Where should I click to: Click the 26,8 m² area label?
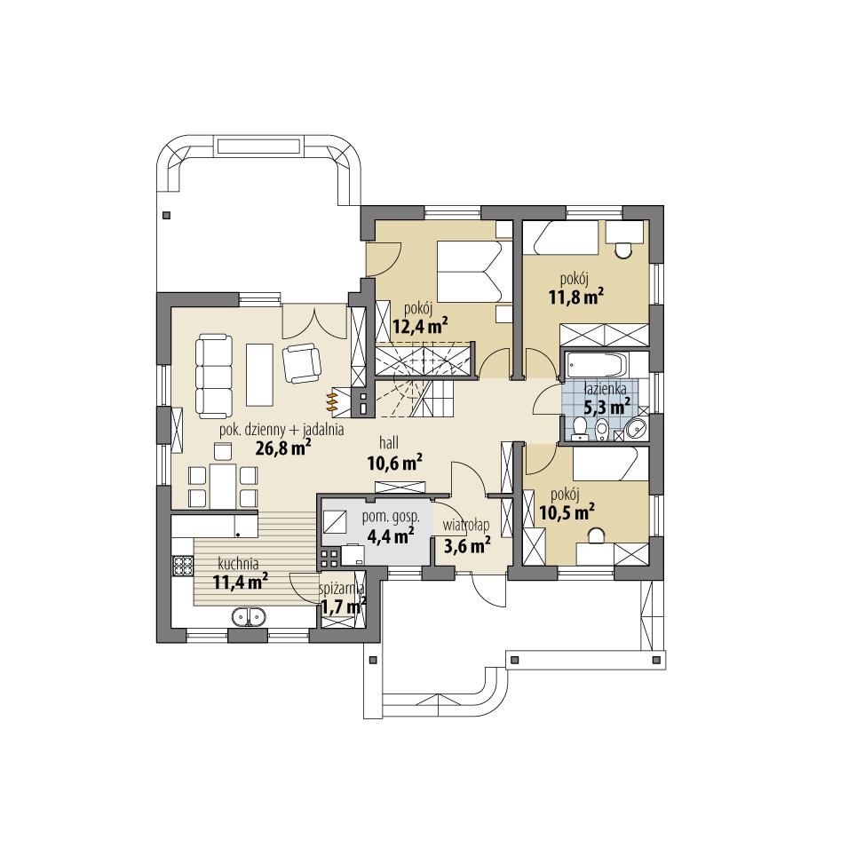click(282, 448)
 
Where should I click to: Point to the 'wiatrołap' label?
click(466, 525)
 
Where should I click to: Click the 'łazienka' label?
click(606, 389)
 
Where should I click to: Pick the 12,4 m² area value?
click(419, 326)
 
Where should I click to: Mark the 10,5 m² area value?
click(566, 511)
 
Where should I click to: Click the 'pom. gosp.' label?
click(384, 517)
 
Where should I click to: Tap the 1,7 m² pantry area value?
click(344, 607)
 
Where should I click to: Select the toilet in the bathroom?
click(580, 429)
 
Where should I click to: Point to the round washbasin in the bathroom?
click(636, 429)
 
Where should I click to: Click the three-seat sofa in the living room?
click(212, 376)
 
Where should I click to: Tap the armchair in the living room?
click(301, 361)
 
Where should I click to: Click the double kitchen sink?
click(249, 615)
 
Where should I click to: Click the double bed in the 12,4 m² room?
click(471, 270)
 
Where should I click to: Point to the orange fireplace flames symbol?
click(333, 400)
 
